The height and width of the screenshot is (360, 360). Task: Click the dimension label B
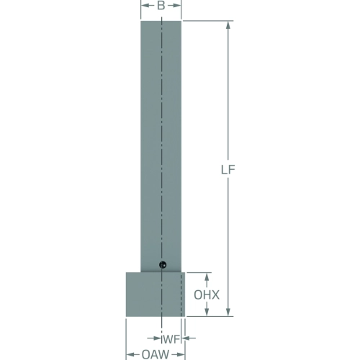[161, 6]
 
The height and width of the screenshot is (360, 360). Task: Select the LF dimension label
[228, 170]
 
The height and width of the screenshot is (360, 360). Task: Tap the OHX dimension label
[207, 295]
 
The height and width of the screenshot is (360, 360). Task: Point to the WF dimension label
[171, 339]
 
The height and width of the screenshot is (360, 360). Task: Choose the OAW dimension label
[156, 354]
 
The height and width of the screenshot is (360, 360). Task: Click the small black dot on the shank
[163, 265]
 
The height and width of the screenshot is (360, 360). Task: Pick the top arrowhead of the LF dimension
[228, 25]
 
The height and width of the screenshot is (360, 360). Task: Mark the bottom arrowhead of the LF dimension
[228, 312]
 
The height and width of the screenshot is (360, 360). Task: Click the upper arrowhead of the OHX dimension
[207, 276]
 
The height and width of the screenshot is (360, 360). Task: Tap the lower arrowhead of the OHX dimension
[207, 312]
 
